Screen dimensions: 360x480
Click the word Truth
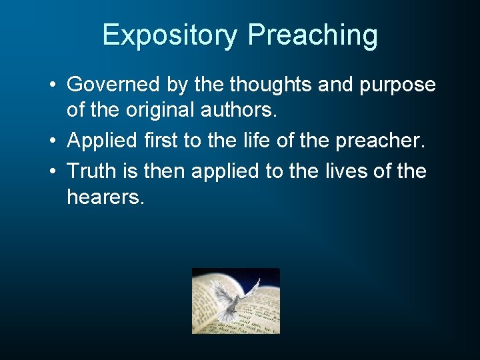(x=90, y=171)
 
